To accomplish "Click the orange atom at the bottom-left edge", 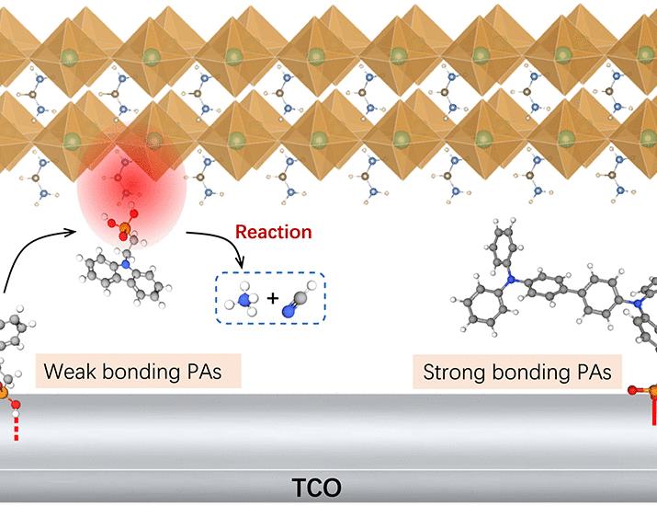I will click(x=4, y=393).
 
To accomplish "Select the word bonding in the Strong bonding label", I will click(x=533, y=374).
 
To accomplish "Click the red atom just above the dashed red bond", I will click(x=14, y=405).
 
